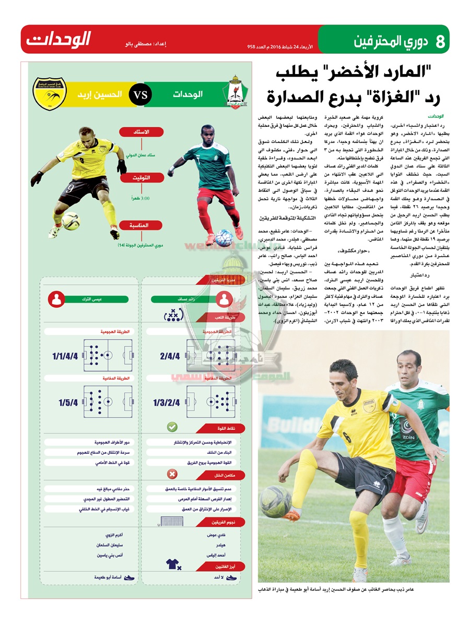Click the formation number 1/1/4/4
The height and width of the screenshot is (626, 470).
(x=65, y=357)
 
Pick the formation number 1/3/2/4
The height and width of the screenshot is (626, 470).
(x=167, y=403)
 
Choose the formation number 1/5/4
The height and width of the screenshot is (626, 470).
(x=68, y=403)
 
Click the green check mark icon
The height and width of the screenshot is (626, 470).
(x=172, y=427)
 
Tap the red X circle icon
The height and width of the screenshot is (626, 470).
(x=172, y=474)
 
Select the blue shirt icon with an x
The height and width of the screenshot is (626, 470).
(x=172, y=563)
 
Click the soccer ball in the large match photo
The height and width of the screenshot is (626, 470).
(x=275, y=502)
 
